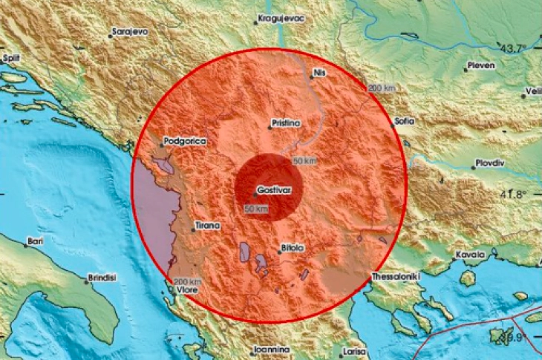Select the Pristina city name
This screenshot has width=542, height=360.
286,122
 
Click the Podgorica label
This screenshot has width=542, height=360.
185,140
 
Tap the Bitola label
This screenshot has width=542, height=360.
291,248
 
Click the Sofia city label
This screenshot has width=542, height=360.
405,120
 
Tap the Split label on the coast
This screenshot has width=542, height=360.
10,57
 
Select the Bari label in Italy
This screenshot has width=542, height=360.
34,241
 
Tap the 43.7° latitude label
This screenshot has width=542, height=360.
513,48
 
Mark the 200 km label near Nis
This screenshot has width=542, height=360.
381,88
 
